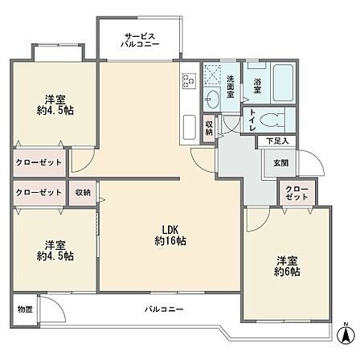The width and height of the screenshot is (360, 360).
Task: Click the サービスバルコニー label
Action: (140, 40)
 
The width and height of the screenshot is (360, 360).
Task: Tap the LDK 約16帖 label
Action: (170, 235)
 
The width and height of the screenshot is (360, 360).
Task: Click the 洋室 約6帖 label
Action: (287, 266)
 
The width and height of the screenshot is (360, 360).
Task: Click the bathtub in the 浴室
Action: (284, 83)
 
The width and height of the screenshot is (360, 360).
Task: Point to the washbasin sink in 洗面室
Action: (213, 99)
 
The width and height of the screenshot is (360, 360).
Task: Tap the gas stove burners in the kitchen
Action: (188, 80)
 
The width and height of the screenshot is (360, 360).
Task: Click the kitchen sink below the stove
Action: (190, 127)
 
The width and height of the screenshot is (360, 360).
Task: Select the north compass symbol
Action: (346, 333)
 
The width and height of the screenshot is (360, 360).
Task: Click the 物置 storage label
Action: (25, 309)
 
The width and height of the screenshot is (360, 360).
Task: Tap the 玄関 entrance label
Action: (281, 162)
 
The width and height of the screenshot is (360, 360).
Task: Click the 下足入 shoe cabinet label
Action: (277, 141)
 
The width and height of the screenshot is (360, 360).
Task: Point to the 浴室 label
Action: (257, 86)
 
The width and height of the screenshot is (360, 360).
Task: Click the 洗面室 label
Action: (231, 86)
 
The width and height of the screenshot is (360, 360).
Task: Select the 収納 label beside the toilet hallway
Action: (209, 128)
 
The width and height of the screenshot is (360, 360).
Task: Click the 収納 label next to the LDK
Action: (83, 192)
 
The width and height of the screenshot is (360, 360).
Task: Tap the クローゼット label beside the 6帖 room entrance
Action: (297, 193)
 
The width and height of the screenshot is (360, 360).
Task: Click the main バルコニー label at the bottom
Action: (164, 309)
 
